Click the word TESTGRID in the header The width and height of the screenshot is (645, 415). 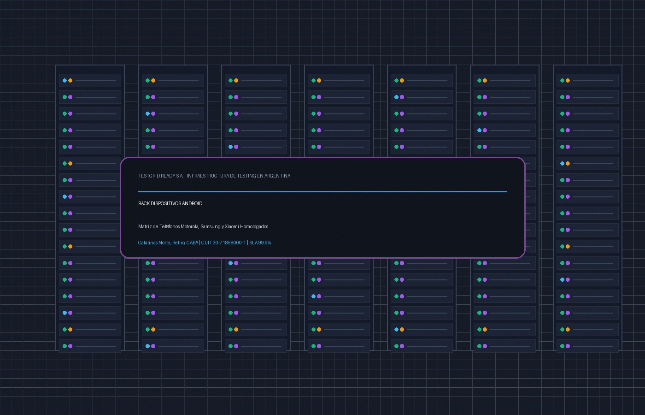tap(149, 176)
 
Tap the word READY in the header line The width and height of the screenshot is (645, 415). tap(168, 176)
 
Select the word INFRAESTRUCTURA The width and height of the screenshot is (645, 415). tap(208, 176)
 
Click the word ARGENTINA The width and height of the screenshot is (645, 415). tap(277, 176)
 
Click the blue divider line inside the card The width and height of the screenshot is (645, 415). tap(322, 192)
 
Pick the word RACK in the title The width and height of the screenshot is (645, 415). tap(144, 203)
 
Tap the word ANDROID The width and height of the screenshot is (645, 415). tap(193, 203)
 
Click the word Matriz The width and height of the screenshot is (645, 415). tap(145, 226)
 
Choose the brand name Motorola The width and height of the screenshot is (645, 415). tap(190, 226)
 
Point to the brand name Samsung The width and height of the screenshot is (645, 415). tap(211, 226)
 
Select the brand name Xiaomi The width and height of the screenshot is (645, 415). tap(232, 226)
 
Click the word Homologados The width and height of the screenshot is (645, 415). tap(254, 226)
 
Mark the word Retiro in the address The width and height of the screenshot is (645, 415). tap(179, 243)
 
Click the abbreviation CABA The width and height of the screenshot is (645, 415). tap(193, 243)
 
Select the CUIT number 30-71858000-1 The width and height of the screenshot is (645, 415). tap(229, 243)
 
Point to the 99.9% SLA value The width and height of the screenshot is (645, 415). tap(264, 243)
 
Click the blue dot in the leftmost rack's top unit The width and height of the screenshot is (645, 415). tap(65, 80)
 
